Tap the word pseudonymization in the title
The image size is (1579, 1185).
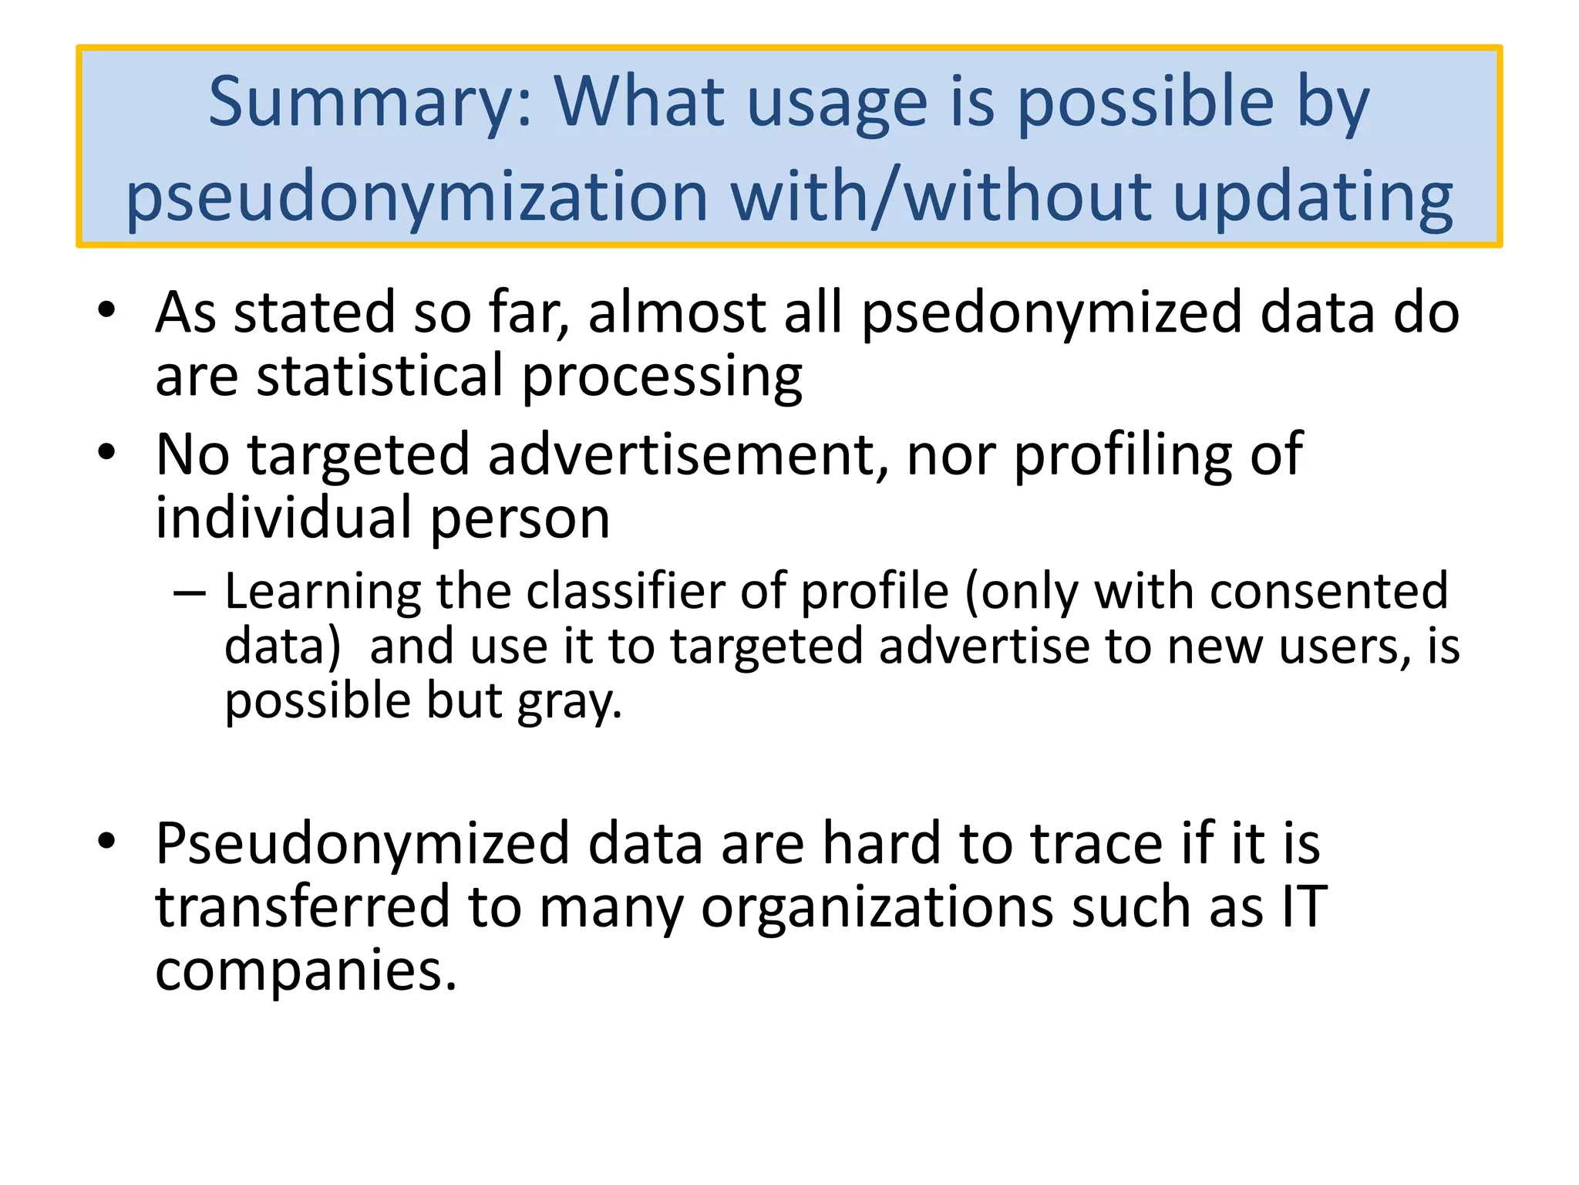tap(417, 197)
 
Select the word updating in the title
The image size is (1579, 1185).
tap(1313, 197)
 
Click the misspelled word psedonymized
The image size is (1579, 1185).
tap(1052, 315)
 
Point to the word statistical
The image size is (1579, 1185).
tap(379, 376)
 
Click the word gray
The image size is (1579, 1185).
tap(568, 702)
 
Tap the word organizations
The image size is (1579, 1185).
tap(876, 907)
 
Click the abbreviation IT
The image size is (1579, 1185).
tap(1304, 907)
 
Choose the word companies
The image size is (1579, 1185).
tap(306, 971)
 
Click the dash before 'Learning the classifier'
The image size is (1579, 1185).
tap(190, 593)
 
